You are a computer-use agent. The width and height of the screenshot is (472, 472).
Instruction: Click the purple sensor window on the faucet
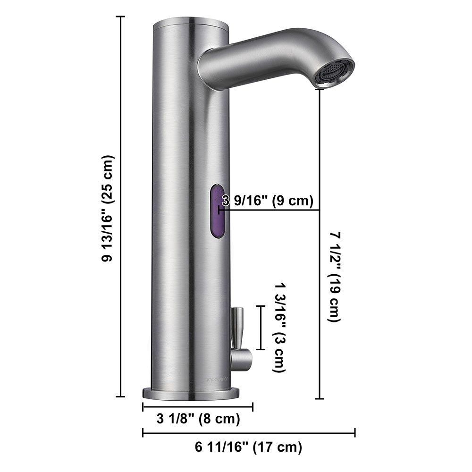pos(217,212)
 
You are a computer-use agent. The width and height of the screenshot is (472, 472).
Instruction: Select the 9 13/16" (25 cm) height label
pos(108,208)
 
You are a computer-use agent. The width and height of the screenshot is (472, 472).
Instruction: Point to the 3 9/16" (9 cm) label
pos(268,201)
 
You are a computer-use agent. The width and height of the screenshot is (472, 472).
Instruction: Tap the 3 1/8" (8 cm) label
pos(198,418)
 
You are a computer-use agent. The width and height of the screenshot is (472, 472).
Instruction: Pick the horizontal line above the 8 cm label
pos(198,406)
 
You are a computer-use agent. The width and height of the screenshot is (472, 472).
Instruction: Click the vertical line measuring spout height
pos(321,243)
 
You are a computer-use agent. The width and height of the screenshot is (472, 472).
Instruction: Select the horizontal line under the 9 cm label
pos(269,210)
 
